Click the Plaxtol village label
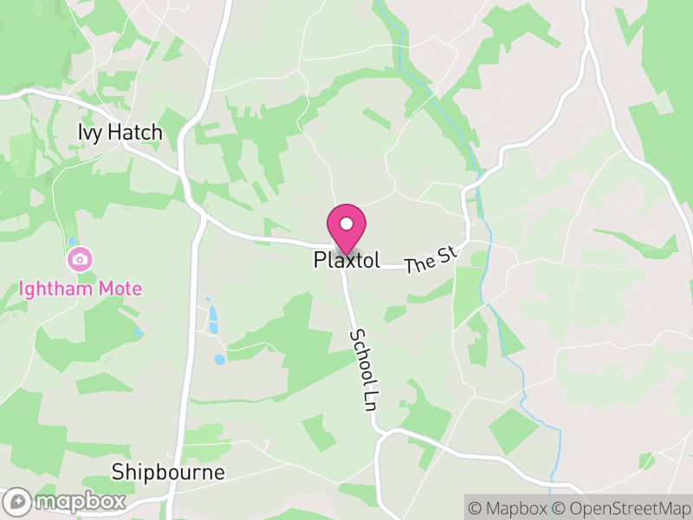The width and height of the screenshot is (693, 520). [x=346, y=260]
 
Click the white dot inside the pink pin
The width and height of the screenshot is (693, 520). [x=346, y=224]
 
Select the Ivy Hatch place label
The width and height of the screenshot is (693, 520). [x=120, y=133]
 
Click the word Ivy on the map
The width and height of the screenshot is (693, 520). [x=88, y=133]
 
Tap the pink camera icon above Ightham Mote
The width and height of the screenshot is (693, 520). [x=80, y=258]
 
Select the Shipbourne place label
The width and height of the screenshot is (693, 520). [x=168, y=472]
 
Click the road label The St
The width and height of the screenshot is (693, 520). [x=430, y=260]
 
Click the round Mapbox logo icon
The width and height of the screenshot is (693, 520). [x=19, y=501]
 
